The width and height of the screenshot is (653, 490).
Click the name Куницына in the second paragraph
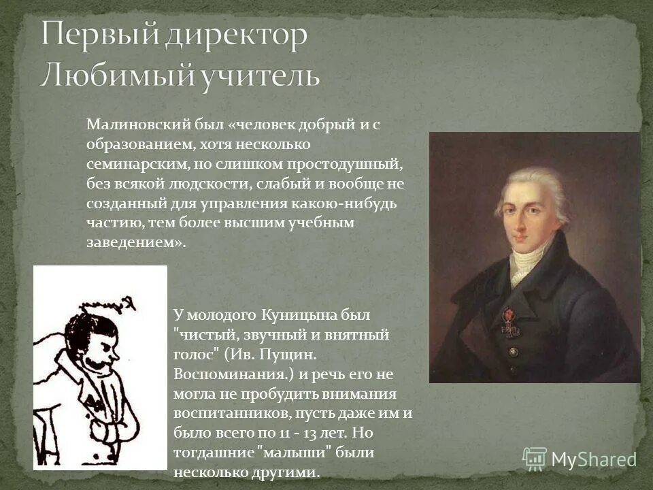293,314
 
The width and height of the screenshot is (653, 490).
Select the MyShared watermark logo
579,459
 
